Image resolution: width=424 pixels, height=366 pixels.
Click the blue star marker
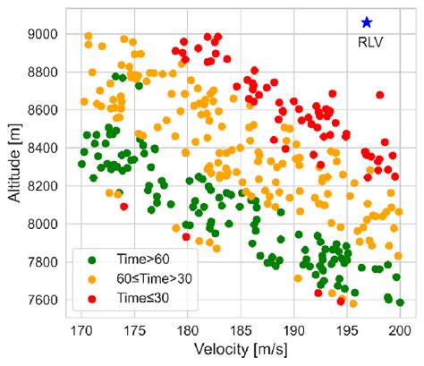pos(366,22)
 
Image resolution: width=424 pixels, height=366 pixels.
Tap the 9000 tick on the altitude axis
pos(43,34)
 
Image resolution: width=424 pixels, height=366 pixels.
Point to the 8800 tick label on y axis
pos(43,72)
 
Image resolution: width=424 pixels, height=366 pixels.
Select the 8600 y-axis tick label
pos(43,110)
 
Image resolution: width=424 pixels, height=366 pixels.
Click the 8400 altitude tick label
pos(43,148)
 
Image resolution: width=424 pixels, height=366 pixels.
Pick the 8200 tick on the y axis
pos(43,186)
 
